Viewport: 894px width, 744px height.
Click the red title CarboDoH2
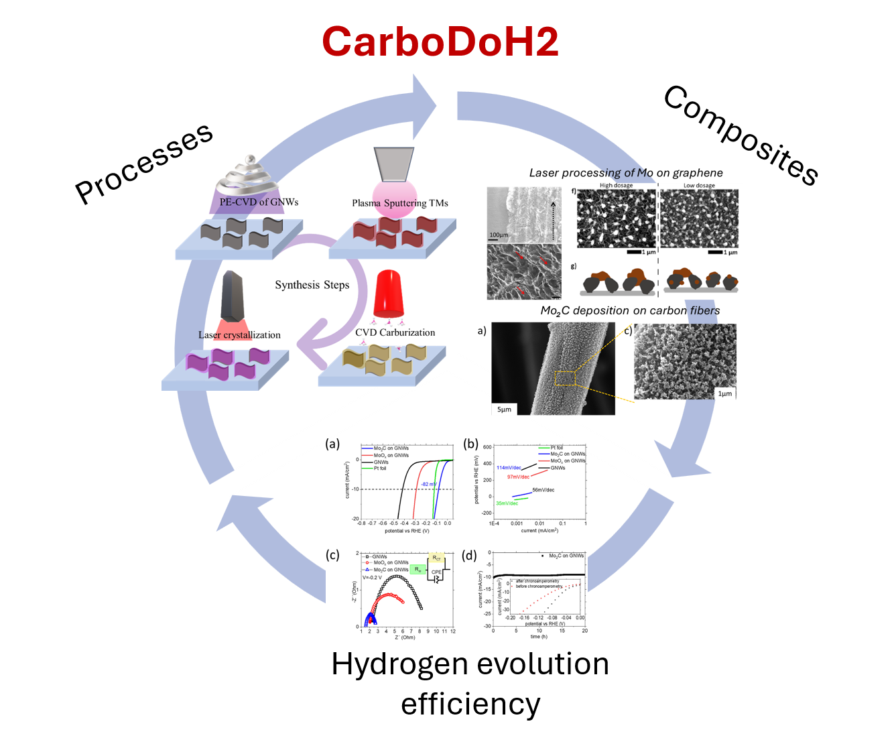tap(440, 42)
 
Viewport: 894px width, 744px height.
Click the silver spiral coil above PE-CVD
tap(249, 176)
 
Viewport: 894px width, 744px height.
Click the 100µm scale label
tap(499, 235)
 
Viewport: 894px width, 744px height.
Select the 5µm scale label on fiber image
tap(505, 409)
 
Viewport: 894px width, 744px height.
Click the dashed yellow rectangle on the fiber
tap(565, 378)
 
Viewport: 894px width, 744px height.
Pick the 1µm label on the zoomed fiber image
tap(724, 393)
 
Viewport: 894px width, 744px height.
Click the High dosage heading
tap(616, 186)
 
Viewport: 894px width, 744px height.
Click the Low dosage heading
tap(699, 186)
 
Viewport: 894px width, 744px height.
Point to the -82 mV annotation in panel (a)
tap(429, 484)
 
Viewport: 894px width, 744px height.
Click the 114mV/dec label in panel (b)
tap(509, 468)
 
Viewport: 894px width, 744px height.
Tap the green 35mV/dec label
tap(507, 503)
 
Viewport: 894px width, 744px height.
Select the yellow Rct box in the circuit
tap(436, 558)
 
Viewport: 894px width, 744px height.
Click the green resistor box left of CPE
tap(418, 570)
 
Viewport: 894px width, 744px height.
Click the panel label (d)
tap(469, 555)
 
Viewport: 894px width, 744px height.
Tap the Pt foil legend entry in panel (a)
tap(380, 469)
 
